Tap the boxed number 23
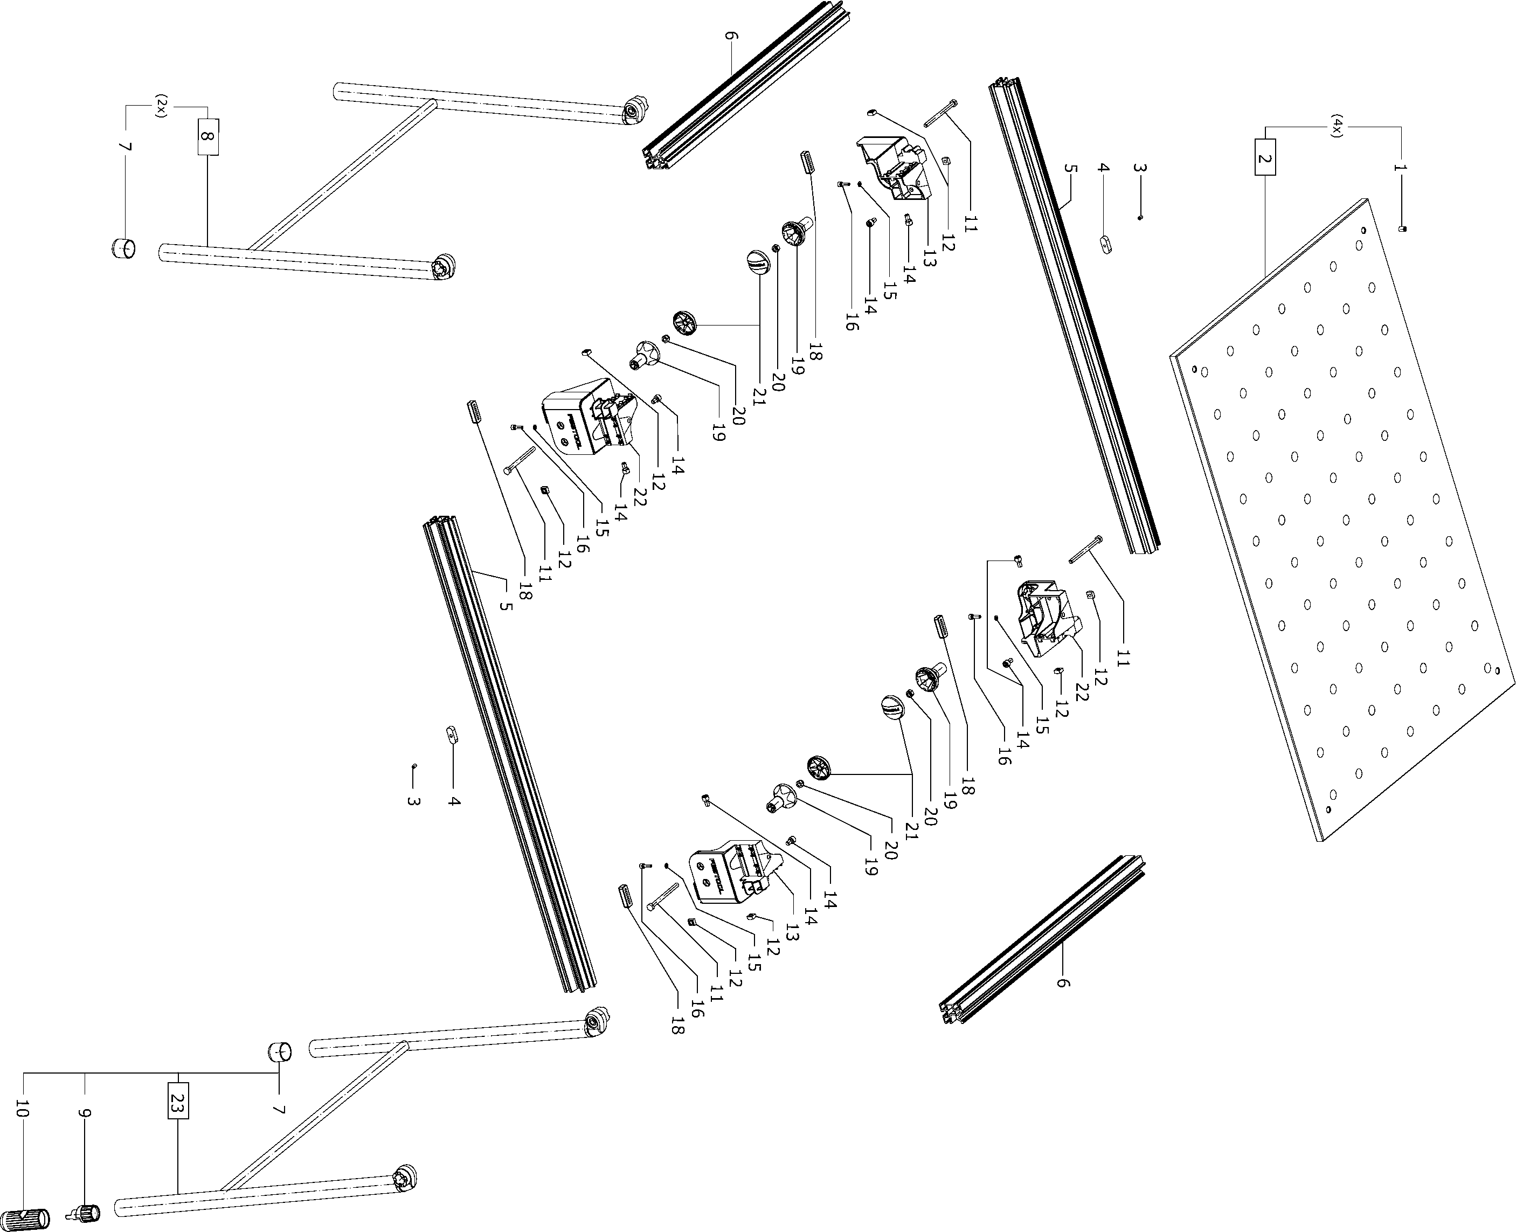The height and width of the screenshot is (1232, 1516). (178, 1100)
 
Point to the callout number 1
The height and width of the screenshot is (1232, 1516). (1400, 168)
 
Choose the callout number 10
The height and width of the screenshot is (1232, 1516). (23, 1109)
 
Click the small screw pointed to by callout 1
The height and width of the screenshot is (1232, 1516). (1403, 229)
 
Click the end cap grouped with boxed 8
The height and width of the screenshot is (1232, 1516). (123, 249)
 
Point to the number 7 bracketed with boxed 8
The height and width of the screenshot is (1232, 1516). (126, 147)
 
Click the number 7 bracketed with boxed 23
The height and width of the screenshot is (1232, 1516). (279, 1109)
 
